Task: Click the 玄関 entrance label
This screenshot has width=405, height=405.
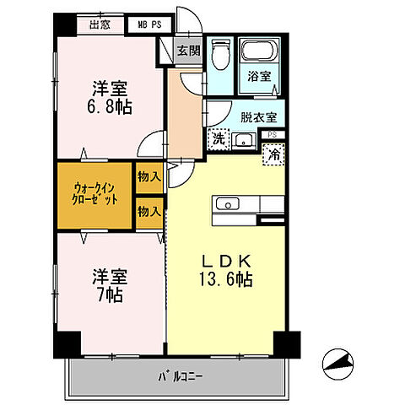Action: (x=187, y=50)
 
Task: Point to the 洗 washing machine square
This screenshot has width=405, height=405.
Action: (x=218, y=138)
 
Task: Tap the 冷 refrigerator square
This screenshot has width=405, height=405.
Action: (x=274, y=154)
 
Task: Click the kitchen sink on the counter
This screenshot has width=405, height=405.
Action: (x=228, y=204)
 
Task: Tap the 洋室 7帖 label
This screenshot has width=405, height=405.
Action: (x=109, y=285)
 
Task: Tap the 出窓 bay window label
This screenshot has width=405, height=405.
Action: (x=100, y=24)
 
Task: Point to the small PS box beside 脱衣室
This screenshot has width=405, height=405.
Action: (x=271, y=134)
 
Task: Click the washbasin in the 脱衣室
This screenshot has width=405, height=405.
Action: (x=243, y=139)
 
